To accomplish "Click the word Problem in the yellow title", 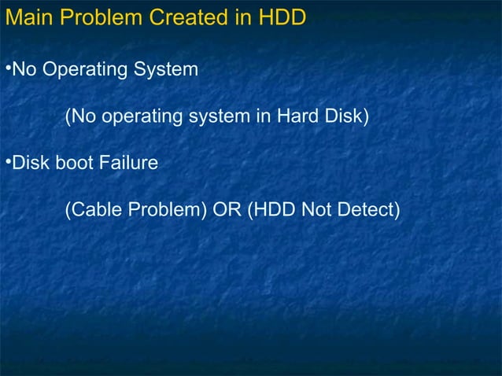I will pos(101,17).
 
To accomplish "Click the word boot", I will pos(73,164).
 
